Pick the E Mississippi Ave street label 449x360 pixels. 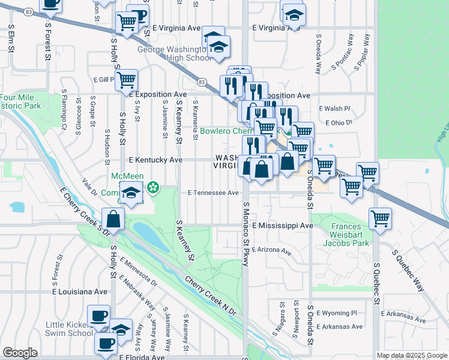[x=283, y=226]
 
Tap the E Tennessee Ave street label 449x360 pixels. [x=213, y=193]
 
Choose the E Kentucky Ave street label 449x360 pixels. [x=155, y=160]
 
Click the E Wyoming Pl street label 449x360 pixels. [x=336, y=313]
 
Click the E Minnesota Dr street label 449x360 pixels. [x=138, y=269]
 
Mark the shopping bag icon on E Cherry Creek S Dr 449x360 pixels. [x=113, y=219]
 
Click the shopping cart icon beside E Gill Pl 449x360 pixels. [x=126, y=80]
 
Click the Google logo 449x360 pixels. [x=20, y=353]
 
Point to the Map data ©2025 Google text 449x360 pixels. [x=411, y=355]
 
